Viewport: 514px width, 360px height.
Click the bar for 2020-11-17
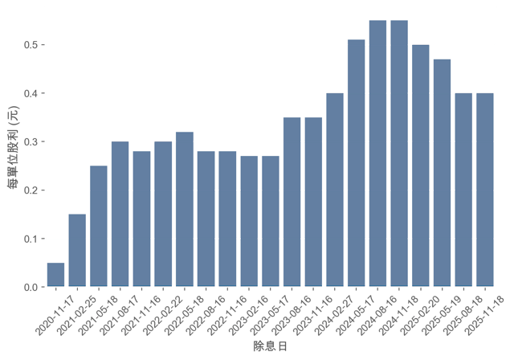click(x=56, y=275)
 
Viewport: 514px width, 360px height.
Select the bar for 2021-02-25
click(x=78, y=250)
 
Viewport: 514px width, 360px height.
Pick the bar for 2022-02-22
click(x=185, y=209)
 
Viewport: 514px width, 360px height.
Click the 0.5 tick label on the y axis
click(x=32, y=45)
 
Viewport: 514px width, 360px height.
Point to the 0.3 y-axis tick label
click(x=32, y=142)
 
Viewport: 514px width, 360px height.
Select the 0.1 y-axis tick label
click(x=32, y=239)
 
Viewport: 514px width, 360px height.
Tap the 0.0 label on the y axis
click(x=32, y=287)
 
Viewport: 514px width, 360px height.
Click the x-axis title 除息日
click(x=270, y=346)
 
